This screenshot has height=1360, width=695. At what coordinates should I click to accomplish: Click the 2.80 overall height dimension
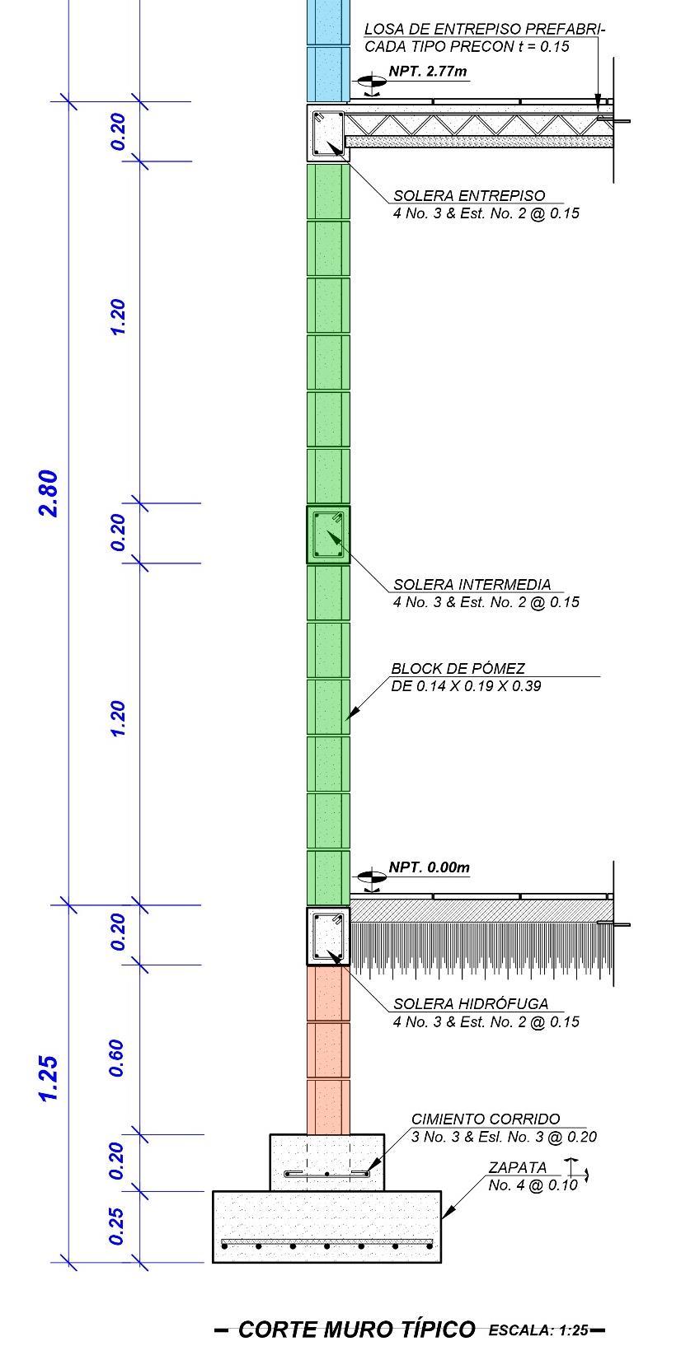point(49,493)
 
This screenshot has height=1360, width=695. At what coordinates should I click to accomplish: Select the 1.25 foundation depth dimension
point(49,1077)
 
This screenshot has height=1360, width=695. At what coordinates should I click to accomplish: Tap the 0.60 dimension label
point(117,1058)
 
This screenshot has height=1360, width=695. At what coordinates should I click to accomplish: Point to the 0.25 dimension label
point(117,1226)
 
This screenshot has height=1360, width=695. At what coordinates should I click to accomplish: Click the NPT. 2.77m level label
point(428,72)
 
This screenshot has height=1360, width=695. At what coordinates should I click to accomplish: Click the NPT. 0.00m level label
point(429,867)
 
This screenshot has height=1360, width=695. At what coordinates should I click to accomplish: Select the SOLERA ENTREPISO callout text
point(469,196)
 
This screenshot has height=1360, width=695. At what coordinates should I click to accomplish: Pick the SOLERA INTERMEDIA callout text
point(472,585)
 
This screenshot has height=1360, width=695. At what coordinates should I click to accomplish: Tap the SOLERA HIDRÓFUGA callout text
point(471,1004)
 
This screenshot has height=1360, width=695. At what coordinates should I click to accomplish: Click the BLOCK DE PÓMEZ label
point(458,669)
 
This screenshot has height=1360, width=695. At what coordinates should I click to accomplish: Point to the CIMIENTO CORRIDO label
point(486,1119)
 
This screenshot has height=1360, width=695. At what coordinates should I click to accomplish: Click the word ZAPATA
point(517,1168)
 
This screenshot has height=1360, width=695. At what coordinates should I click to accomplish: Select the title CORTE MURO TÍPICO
point(356,1330)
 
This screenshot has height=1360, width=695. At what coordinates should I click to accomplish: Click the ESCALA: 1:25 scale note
point(538,1330)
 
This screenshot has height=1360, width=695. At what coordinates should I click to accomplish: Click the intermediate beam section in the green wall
point(328,535)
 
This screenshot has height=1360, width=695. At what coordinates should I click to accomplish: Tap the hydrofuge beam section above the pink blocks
point(328,936)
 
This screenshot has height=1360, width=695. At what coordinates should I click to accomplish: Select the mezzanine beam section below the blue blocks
point(328,133)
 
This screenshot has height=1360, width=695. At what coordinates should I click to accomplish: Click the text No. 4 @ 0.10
point(533,1185)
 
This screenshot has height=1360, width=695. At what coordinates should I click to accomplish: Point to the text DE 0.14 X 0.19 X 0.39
point(466,686)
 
